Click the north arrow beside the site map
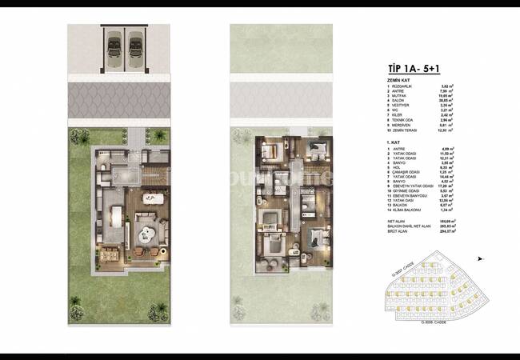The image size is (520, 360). pos(480,258)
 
